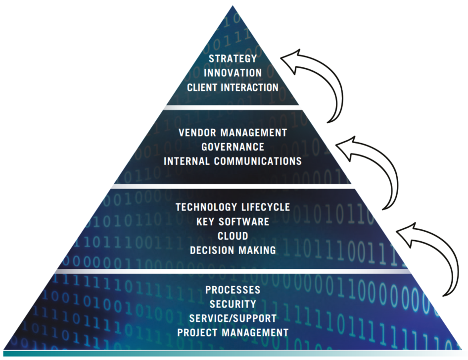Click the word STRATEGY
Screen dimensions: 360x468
(x=233, y=58)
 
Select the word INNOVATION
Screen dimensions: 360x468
(x=233, y=73)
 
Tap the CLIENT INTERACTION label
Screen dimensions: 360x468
(x=233, y=87)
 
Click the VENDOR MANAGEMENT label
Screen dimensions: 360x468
(x=233, y=133)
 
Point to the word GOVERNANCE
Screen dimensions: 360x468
(x=233, y=147)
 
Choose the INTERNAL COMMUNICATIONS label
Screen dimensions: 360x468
(x=233, y=161)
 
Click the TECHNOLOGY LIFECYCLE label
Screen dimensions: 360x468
(x=233, y=207)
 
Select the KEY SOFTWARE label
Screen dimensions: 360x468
(x=233, y=221)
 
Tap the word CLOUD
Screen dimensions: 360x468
(x=233, y=236)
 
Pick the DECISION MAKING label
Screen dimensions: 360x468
(x=233, y=250)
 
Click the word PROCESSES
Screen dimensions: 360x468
(x=233, y=290)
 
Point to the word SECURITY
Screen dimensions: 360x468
(x=233, y=304)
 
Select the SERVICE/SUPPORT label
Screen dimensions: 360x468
(x=233, y=318)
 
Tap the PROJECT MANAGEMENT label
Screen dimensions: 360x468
(x=233, y=332)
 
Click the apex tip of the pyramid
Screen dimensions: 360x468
(x=233, y=6)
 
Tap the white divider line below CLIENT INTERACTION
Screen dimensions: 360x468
(x=233, y=107)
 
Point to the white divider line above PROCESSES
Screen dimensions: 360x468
(x=233, y=272)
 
